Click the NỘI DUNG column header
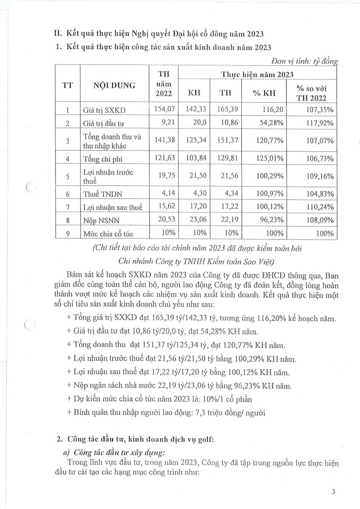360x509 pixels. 114,85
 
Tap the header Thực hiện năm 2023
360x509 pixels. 257,74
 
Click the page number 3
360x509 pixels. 333,492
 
